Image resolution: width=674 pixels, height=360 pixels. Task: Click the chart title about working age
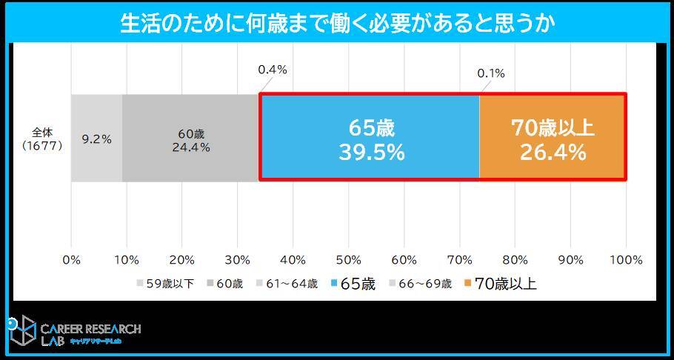point(337,23)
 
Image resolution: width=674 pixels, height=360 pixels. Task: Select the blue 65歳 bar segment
point(370,138)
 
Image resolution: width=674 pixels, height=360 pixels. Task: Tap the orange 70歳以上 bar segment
point(553,138)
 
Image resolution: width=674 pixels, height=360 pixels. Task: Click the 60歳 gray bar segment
point(190,138)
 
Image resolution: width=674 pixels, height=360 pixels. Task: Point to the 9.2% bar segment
point(96,138)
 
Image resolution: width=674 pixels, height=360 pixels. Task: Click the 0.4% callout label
point(273,70)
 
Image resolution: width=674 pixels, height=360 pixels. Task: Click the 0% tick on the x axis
point(71,260)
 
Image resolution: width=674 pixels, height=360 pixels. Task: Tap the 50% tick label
point(349,260)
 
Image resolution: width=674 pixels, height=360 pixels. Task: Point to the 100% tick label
point(627,260)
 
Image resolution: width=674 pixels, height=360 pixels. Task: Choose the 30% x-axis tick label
point(238,260)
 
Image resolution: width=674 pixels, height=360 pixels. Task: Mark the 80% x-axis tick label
point(515,260)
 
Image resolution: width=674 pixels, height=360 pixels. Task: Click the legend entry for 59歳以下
point(165,284)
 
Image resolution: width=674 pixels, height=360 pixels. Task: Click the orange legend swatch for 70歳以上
point(467,284)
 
